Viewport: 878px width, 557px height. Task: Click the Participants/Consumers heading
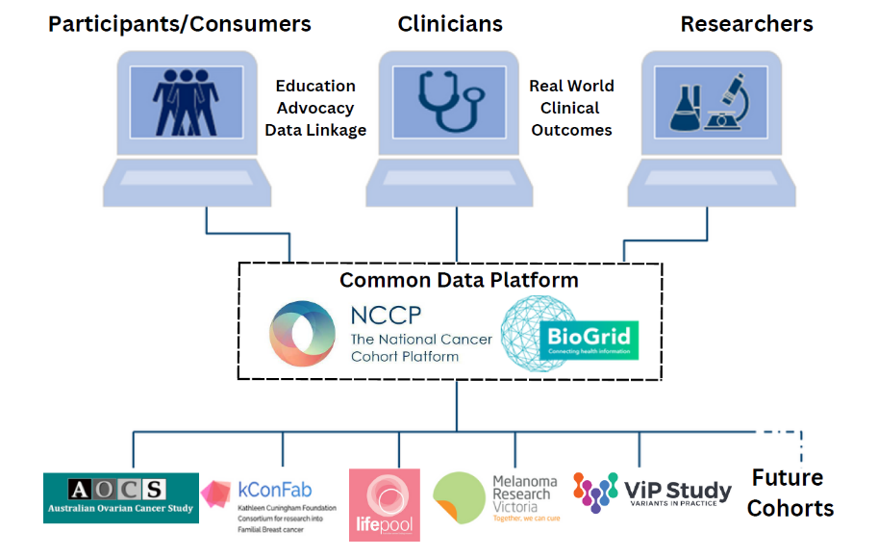pyautogui.click(x=180, y=23)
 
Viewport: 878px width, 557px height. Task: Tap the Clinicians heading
pyautogui.click(x=449, y=23)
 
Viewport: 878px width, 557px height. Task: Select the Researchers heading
pyautogui.click(x=746, y=23)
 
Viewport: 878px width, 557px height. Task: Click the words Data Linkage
pyautogui.click(x=315, y=130)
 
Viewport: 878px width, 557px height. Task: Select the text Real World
pyautogui.click(x=571, y=86)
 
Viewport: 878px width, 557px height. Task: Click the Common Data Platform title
pyautogui.click(x=459, y=280)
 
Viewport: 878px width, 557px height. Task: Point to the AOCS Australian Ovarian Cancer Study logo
pyautogui.click(x=120, y=497)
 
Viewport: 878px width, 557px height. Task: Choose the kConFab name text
pyautogui.click(x=273, y=491)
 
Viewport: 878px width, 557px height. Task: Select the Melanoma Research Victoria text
pyautogui.click(x=524, y=494)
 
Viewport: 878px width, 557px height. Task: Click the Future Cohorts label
pyautogui.click(x=790, y=493)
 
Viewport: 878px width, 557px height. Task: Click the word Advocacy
pyautogui.click(x=314, y=108)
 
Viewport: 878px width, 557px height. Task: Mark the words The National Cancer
pyautogui.click(x=420, y=339)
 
